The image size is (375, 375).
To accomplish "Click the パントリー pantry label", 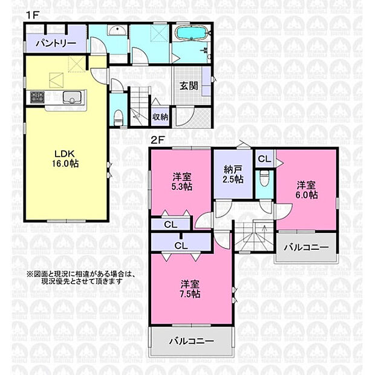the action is click(x=56, y=44).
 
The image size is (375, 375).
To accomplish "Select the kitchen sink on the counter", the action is click(x=72, y=97).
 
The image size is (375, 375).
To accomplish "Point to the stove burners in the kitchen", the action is click(x=37, y=97).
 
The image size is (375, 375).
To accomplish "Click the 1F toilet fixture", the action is click(x=118, y=118).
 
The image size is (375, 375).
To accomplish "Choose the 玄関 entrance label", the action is click(x=189, y=86).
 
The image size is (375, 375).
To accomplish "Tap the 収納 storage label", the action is click(x=160, y=117).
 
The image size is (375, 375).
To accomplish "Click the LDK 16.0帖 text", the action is click(x=65, y=158).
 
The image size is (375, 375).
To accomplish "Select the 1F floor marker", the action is click(x=33, y=15).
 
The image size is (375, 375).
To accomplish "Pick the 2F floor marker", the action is click(x=158, y=140).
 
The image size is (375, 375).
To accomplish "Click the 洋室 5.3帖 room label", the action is click(x=182, y=182).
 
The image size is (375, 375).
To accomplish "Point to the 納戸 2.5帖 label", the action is click(x=233, y=174).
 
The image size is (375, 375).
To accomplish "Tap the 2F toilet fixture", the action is click(x=264, y=178).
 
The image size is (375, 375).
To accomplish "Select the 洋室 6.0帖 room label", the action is click(x=307, y=190).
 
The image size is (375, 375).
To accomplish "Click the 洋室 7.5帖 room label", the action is click(x=190, y=289).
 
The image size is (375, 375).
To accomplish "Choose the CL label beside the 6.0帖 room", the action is click(x=264, y=158).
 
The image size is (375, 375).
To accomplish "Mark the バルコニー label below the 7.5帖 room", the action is click(x=191, y=341).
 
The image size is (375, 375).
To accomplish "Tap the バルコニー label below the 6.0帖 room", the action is click(x=307, y=247).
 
